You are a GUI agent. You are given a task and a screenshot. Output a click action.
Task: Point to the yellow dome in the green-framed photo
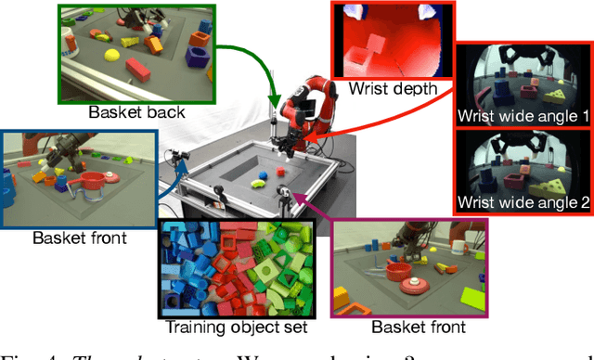(113, 56)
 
